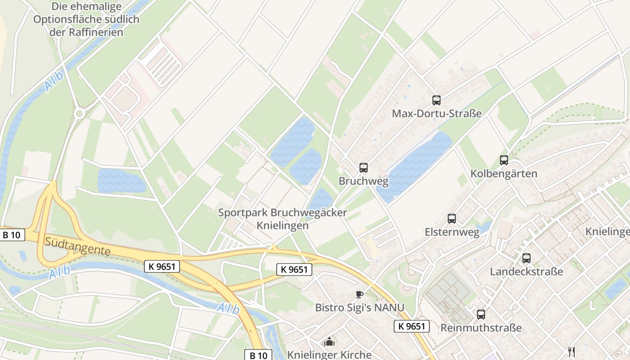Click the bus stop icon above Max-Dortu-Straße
pyautogui.click(x=436, y=100)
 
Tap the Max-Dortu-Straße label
pyautogui.click(x=436, y=113)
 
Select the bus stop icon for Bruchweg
pyautogui.click(x=363, y=168)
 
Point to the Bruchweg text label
pyautogui.click(x=363, y=181)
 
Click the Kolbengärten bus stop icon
pyautogui.click(x=504, y=160)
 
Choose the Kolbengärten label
pyautogui.click(x=504, y=174)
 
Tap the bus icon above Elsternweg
pyautogui.click(x=452, y=219)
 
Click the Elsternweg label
pyautogui.click(x=452, y=232)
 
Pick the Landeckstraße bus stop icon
pyautogui.click(x=526, y=258)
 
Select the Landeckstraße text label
pyautogui.click(x=526, y=272)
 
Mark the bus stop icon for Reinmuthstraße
pyautogui.click(x=481, y=315)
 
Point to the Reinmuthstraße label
pyautogui.click(x=481, y=328)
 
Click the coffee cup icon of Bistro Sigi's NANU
pyautogui.click(x=359, y=295)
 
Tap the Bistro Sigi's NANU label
pyautogui.click(x=360, y=308)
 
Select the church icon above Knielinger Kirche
pyautogui.click(x=329, y=342)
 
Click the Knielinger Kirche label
pyautogui.click(x=329, y=355)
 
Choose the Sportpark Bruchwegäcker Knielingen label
pyautogui.click(x=283, y=219)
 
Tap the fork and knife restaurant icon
pyautogui.click(x=571, y=351)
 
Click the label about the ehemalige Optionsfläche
pyautogui.click(x=86, y=19)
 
